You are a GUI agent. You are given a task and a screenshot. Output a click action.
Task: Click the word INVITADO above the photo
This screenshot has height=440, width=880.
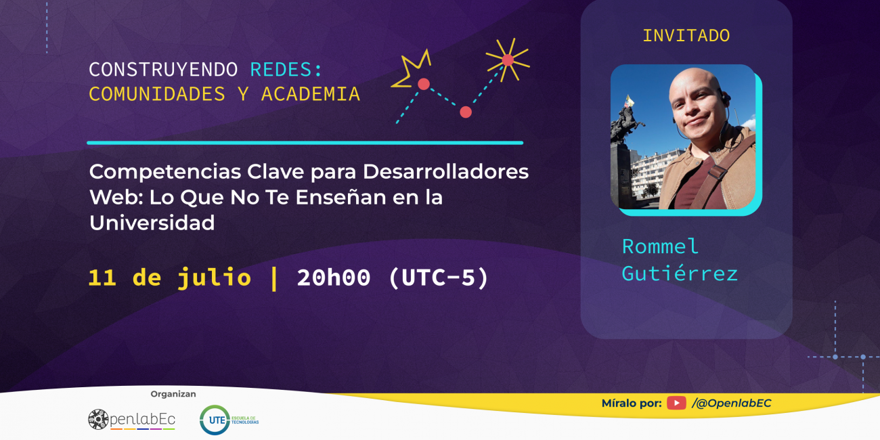[x=686, y=36]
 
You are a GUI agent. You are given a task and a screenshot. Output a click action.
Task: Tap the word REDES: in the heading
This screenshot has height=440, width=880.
[x=286, y=70]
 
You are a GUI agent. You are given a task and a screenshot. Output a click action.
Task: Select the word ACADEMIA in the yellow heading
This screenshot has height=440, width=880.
[x=310, y=94]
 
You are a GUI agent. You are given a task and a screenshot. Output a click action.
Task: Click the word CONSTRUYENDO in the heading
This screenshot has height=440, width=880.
[x=163, y=70]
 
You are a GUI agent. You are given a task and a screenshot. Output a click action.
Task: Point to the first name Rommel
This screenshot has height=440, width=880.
[x=660, y=246]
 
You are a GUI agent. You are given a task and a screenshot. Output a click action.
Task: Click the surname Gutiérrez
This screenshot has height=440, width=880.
[x=680, y=273]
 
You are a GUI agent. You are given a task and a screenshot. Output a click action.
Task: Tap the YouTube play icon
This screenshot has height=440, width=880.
[x=676, y=403]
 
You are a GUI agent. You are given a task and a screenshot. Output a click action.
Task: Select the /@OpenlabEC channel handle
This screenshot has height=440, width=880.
[x=732, y=403]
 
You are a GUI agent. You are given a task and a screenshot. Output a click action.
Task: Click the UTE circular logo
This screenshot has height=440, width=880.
[x=215, y=420]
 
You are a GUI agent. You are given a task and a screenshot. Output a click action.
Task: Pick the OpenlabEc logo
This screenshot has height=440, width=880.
[x=131, y=420]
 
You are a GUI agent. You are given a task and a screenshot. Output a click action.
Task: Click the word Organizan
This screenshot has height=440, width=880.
[x=173, y=394]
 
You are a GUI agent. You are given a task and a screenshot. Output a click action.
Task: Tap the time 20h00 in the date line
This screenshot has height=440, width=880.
[x=334, y=278]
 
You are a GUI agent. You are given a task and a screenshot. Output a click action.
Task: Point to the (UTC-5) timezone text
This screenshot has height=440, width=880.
[x=439, y=278]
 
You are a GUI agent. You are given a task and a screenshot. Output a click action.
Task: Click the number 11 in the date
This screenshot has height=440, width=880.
[x=102, y=278]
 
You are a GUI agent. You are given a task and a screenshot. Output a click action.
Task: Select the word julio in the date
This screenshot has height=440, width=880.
[x=214, y=278]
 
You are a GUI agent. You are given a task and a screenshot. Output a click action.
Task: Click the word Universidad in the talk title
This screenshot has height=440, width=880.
[x=152, y=223]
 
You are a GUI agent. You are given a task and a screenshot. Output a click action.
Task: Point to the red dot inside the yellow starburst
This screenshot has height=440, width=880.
[x=508, y=60]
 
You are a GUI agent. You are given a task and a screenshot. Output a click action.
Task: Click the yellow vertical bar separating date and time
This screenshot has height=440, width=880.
[x=274, y=278]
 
